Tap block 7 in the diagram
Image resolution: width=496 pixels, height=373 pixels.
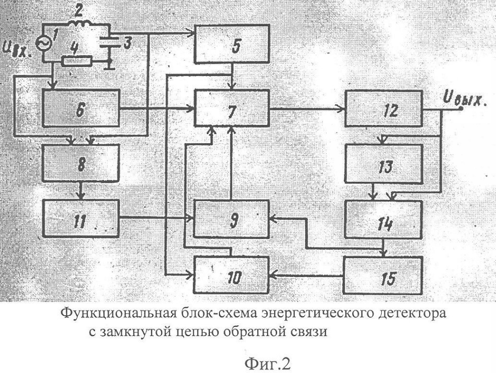coord(232,108)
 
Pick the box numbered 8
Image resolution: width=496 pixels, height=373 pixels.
coord(81,163)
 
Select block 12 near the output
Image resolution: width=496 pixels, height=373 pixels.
coord(383,108)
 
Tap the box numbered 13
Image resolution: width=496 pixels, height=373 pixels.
coord(383,164)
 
